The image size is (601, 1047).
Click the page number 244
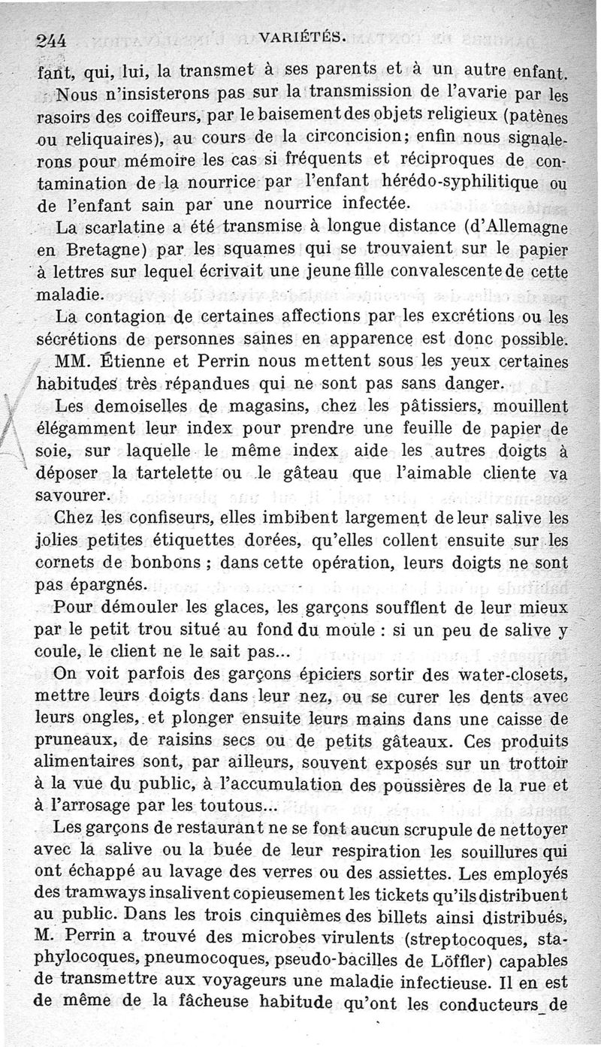(x=53, y=41)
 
